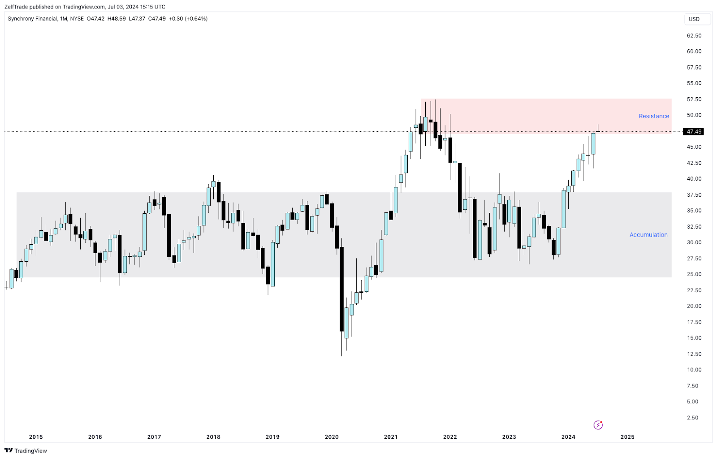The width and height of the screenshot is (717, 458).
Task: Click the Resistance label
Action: [x=654, y=116]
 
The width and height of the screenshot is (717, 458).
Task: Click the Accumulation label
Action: [x=648, y=235]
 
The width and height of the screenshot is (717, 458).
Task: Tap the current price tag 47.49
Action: [x=694, y=132]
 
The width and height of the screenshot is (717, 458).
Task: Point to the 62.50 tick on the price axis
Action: [x=694, y=35]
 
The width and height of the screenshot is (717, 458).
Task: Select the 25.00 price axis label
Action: [x=694, y=274]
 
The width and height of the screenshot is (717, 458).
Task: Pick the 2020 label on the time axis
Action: [x=332, y=437]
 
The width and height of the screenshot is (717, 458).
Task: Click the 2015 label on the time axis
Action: [x=36, y=437]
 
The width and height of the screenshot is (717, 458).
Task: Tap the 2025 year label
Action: [x=627, y=437]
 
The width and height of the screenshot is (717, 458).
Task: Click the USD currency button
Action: [x=694, y=19]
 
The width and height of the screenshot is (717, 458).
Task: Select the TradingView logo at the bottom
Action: [x=26, y=451]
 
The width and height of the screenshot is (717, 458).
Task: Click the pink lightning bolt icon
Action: [x=598, y=425]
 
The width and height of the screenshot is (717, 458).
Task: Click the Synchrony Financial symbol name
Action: [x=32, y=19]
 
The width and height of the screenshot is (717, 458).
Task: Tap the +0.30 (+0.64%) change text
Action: [x=188, y=19]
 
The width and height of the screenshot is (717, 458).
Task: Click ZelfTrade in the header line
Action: [x=16, y=7]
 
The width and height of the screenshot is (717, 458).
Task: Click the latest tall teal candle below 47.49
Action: [x=593, y=143]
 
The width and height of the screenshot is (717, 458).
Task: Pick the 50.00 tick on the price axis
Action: [x=694, y=115]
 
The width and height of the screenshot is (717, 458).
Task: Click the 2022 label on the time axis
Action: [x=450, y=437]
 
